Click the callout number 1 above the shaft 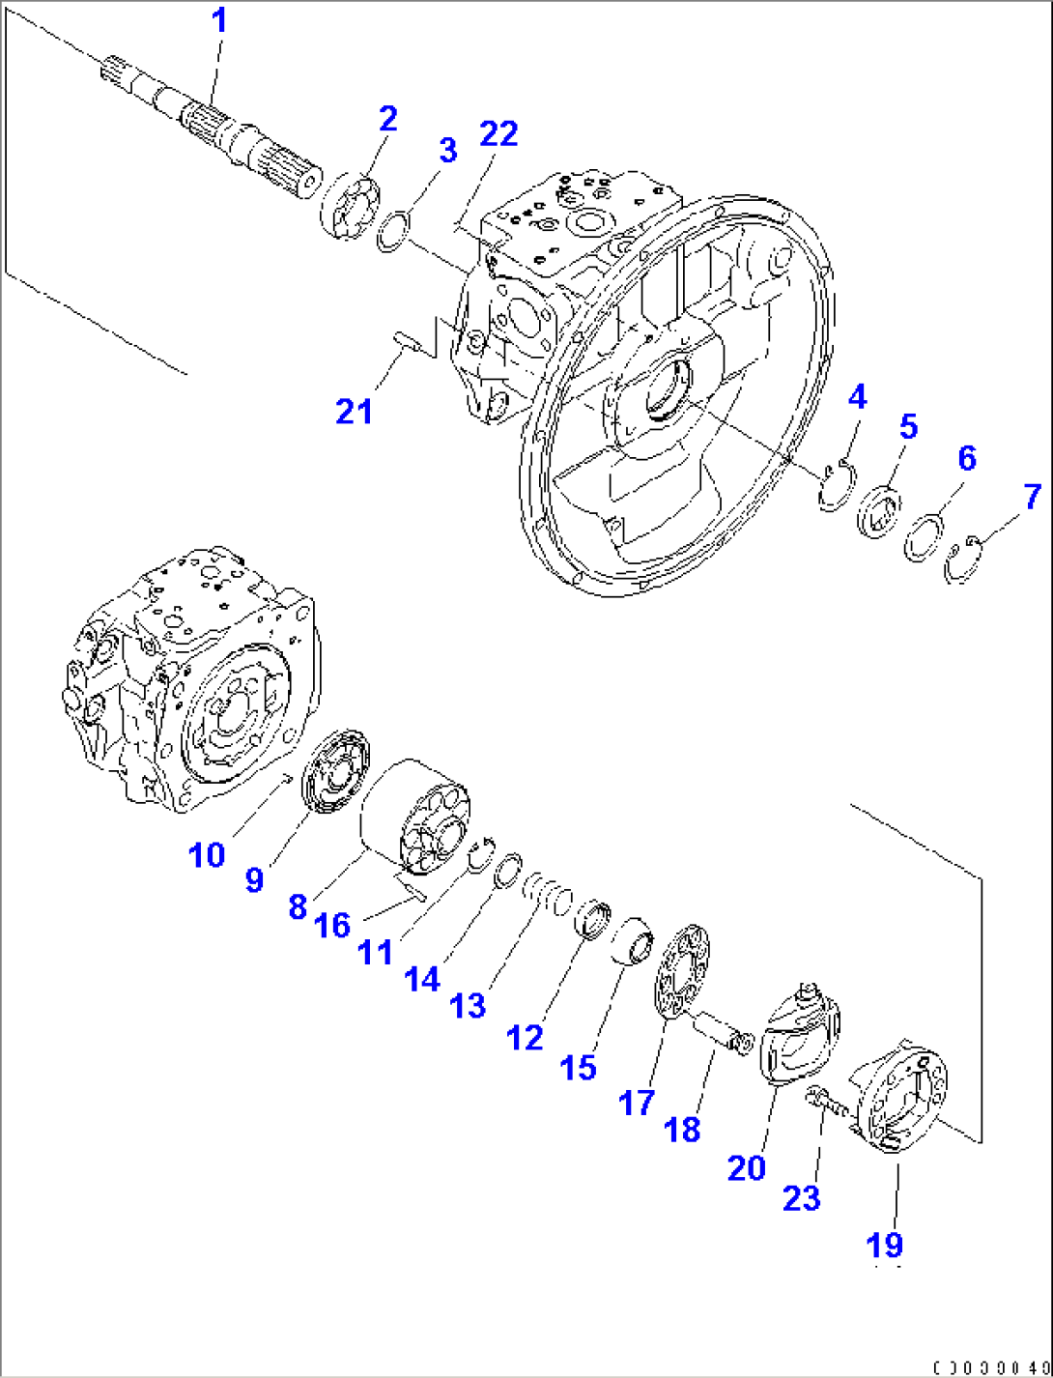click(220, 20)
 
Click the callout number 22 click(498, 133)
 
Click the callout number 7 click(1033, 497)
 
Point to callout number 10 click(206, 855)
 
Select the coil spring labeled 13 click(548, 892)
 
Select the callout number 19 click(884, 1244)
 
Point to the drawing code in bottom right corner click(990, 1368)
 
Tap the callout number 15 click(578, 1067)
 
